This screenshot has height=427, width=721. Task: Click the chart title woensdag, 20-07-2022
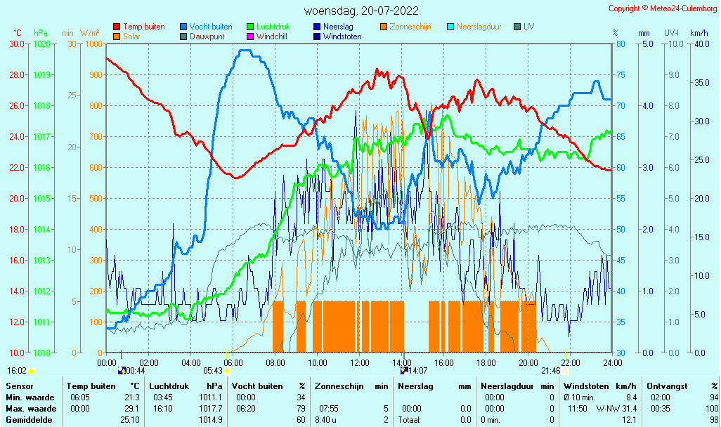coord(361,11)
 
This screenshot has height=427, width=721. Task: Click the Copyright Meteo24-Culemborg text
coord(662,8)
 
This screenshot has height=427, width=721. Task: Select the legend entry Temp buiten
coord(139,27)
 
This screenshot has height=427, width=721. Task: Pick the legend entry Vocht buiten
coord(206,27)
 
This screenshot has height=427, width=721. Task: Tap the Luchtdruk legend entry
coord(268,27)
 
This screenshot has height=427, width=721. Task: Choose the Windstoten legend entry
coord(337,37)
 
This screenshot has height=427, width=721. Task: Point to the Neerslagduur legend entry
coord(474,27)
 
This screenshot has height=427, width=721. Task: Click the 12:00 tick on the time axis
coord(360,362)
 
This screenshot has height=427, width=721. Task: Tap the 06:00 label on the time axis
coord(233,362)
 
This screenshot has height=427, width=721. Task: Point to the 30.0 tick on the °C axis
coord(17,44)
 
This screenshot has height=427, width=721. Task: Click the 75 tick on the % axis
coord(621,75)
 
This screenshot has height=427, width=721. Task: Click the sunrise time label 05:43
coord(213,371)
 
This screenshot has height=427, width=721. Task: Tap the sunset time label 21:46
coord(551,371)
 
